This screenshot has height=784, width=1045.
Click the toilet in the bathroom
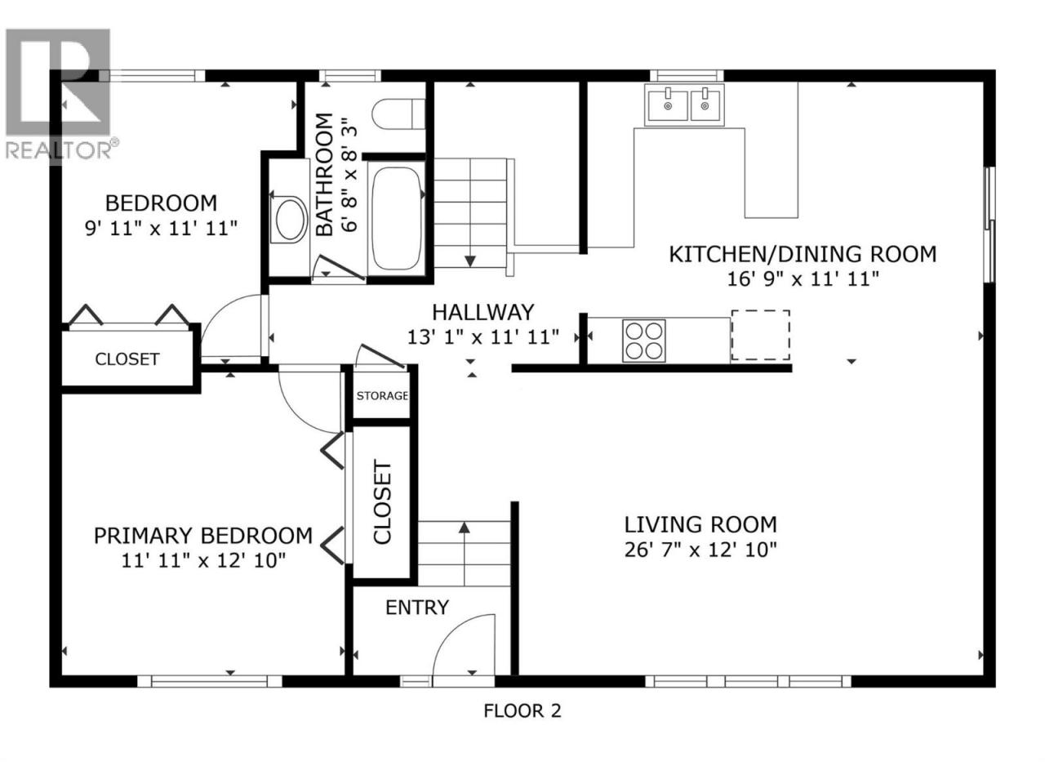(x=398, y=114)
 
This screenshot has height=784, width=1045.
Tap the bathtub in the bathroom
(x=396, y=219)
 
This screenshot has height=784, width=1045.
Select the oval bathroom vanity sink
(x=288, y=220)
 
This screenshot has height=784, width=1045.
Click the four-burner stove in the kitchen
(x=643, y=341)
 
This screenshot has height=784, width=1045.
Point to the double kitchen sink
(x=684, y=105)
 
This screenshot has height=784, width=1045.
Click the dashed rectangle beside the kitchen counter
(x=760, y=335)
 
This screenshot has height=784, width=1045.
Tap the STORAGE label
(x=382, y=395)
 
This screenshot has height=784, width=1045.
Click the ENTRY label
(x=416, y=608)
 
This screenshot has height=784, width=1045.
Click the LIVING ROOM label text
(x=700, y=524)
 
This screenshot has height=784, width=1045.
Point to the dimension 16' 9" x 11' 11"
(x=803, y=279)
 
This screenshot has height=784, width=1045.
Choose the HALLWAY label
(x=482, y=312)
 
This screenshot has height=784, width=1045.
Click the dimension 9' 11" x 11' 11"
(x=161, y=229)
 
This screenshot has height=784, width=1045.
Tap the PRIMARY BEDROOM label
(x=202, y=536)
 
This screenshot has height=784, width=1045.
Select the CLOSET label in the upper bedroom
(x=127, y=359)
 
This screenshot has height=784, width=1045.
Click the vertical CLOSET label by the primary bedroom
(x=382, y=501)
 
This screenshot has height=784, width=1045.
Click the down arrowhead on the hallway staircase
(x=470, y=261)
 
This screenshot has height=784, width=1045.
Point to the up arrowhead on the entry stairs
(x=465, y=527)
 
